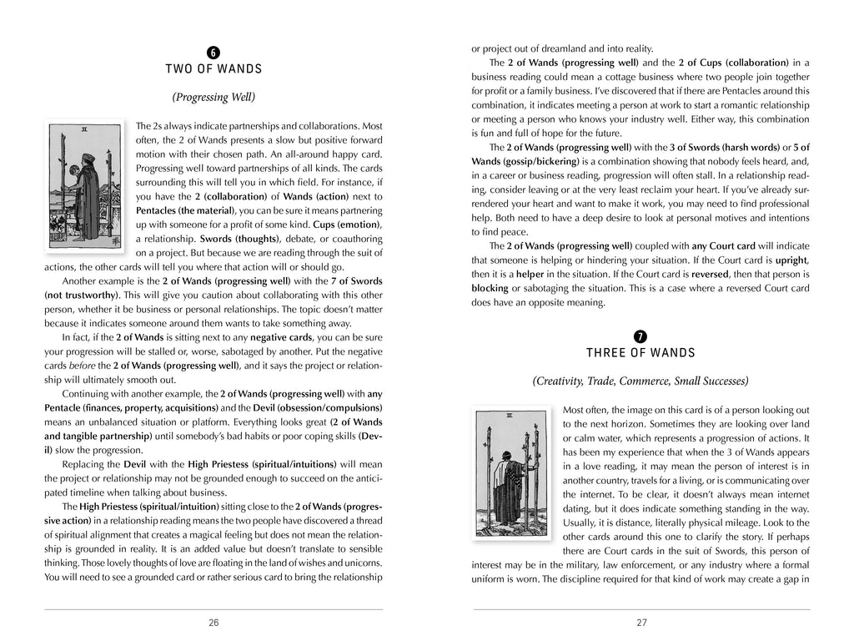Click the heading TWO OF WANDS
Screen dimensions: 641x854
pyautogui.click(x=213, y=69)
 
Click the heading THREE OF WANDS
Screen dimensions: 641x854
pyautogui.click(x=640, y=351)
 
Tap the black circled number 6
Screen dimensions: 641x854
pyautogui.click(x=213, y=53)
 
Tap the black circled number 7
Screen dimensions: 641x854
pyautogui.click(x=640, y=336)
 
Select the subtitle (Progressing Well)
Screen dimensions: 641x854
pyautogui.click(x=213, y=97)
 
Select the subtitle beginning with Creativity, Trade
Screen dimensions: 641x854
pyautogui.click(x=640, y=381)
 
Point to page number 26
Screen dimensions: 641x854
pyautogui.click(x=213, y=622)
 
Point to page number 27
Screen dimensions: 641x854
pyautogui.click(x=640, y=622)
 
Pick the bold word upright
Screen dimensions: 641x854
pyautogui.click(x=790, y=260)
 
